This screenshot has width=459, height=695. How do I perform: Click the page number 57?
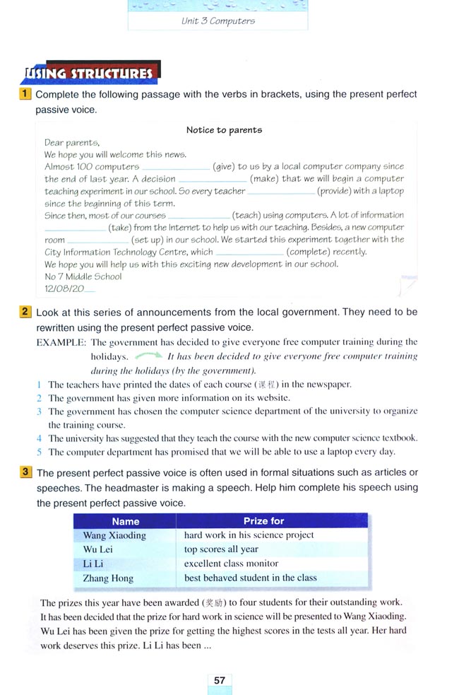tap(220, 680)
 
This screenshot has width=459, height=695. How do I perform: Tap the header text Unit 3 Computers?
tap(217, 21)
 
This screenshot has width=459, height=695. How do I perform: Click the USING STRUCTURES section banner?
tap(90, 73)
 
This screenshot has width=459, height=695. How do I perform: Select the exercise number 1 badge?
tap(25, 94)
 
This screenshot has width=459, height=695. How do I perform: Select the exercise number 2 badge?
tap(25, 311)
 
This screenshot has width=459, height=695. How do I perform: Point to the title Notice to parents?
tap(224, 130)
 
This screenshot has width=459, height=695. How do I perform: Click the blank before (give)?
tap(177, 168)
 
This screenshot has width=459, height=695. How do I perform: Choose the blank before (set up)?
tap(99, 241)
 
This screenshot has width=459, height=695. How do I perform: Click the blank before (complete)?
tap(250, 252)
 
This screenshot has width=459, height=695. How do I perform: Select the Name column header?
tap(126, 521)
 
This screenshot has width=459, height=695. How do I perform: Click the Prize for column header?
tap(263, 521)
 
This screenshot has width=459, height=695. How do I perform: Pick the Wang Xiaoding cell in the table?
tap(114, 535)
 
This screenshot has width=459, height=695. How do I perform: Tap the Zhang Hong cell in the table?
tap(108, 578)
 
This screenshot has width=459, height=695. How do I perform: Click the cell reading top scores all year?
tap(221, 549)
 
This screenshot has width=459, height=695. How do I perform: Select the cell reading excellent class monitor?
tap(231, 563)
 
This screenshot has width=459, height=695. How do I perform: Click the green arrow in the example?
tap(148, 356)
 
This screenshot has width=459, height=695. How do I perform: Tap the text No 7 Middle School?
tap(83, 276)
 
